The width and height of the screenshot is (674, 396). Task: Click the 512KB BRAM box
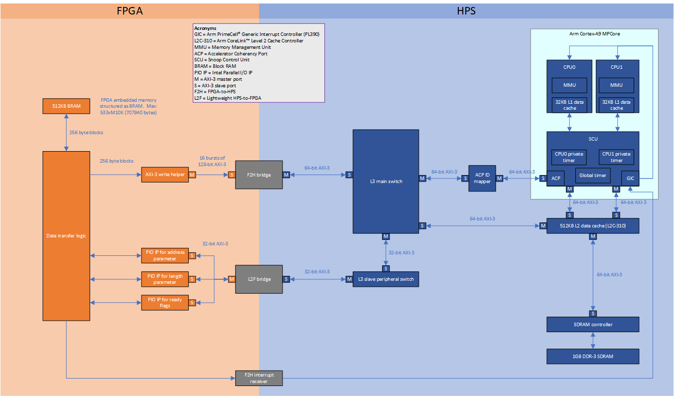[x=66, y=106]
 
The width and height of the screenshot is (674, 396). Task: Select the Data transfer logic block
[x=66, y=235]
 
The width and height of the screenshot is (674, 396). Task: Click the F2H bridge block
[x=259, y=175]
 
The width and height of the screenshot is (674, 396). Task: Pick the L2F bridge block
[x=259, y=279]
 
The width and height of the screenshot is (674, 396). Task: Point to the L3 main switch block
[x=386, y=181]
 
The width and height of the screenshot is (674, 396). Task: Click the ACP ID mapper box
[x=482, y=178]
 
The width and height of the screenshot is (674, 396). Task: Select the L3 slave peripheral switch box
[x=386, y=279]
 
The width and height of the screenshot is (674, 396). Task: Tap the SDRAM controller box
[x=592, y=325]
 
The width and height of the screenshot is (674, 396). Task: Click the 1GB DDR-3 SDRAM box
[x=592, y=356]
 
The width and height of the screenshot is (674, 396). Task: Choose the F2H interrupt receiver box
[x=259, y=378]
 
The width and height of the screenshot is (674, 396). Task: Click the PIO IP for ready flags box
[x=165, y=302]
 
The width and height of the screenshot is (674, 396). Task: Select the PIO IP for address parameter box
[x=165, y=255]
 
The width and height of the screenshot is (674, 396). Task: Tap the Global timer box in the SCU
[x=592, y=176]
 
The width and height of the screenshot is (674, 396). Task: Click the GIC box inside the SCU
[x=630, y=178]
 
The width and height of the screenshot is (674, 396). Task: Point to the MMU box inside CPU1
[x=616, y=85]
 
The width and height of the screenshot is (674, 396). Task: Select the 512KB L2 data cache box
[x=592, y=226]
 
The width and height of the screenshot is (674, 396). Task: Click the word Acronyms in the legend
[x=205, y=28]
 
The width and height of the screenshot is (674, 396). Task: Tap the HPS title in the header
[x=466, y=10]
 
